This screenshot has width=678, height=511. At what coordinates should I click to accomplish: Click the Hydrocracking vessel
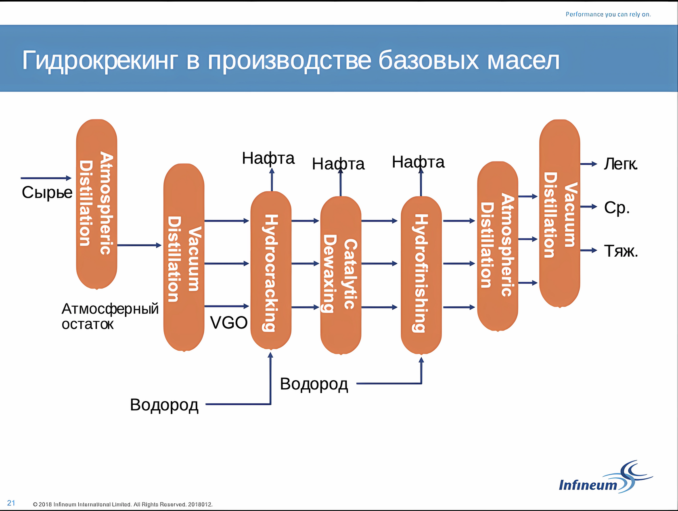tap(271, 270)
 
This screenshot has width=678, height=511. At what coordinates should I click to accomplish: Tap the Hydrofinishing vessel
tap(421, 274)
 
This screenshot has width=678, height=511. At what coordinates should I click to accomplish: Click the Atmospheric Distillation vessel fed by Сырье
tap(96, 204)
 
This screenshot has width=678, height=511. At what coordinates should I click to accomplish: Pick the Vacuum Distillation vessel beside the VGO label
tap(184, 257)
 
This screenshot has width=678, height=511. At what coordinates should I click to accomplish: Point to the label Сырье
tap(47, 193)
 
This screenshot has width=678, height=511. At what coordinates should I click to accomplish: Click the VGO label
tap(228, 323)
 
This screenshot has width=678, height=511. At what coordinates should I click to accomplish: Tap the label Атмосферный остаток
tap(110, 316)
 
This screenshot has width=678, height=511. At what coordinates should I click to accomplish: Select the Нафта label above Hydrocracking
tap(268, 158)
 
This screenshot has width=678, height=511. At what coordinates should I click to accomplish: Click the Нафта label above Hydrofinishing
tap(418, 162)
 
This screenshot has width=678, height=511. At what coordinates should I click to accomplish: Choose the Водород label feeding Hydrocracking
tap(164, 405)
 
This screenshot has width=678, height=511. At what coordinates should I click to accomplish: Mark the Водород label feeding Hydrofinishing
tap(314, 384)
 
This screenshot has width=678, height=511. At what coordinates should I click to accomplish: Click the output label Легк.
tap(620, 164)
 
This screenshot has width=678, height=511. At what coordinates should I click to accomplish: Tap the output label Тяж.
tap(621, 251)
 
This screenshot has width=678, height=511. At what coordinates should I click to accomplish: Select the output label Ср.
tap(617, 207)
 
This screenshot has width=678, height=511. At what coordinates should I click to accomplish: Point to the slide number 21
tap(11, 503)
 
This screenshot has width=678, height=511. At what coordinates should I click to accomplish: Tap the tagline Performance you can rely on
tap(608, 15)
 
